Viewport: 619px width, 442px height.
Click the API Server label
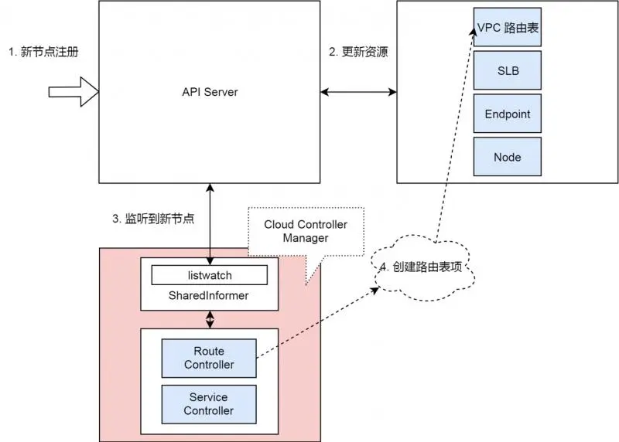pos(210,92)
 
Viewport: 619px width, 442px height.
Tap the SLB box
pos(507,71)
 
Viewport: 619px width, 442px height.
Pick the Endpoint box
pos(507,114)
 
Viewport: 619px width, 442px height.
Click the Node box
pos(507,157)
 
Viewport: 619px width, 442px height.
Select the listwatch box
pos(209,275)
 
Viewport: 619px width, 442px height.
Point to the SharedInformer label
pos(209,295)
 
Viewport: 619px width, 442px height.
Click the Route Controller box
pos(209,358)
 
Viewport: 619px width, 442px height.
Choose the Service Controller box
pos(209,403)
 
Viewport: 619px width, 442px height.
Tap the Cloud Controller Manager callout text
pos(306,231)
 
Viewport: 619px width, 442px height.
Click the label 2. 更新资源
pos(358,53)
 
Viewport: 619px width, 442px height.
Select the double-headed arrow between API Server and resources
pos(358,92)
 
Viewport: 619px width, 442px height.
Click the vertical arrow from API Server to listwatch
pos(210,224)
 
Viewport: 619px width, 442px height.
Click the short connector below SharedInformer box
pos(210,319)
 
